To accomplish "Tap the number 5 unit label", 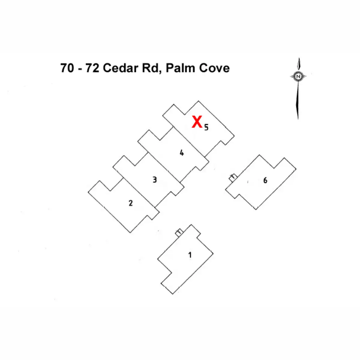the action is [206, 127].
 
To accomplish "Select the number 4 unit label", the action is [181, 153].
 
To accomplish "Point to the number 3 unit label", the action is [154, 180].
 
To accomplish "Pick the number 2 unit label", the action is [130, 203].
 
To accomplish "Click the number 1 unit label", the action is [190, 255].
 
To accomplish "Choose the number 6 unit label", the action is [265, 180].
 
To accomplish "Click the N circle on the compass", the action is [298, 76].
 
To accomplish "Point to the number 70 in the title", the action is [67, 68].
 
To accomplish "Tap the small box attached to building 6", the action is [233, 177].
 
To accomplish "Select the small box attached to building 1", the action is [179, 232].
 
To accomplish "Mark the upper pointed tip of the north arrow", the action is [299, 58].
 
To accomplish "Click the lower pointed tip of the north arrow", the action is [298, 119].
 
